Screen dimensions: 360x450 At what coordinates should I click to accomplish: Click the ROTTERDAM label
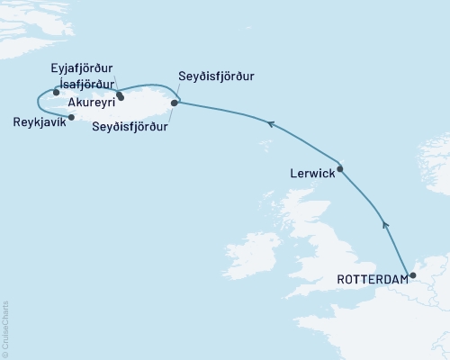(372, 280)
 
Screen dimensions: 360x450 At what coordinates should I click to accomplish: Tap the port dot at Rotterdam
(413, 276)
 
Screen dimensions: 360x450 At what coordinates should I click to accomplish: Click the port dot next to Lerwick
(340, 168)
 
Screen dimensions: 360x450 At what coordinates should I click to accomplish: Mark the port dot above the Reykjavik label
(71, 116)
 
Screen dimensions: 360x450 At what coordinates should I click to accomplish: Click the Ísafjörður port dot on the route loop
(56, 92)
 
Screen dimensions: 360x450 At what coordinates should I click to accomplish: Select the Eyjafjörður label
(87, 67)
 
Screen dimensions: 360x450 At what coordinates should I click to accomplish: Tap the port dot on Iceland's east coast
(174, 103)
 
